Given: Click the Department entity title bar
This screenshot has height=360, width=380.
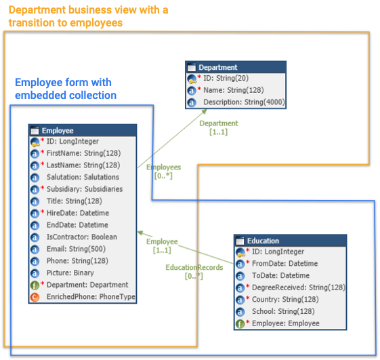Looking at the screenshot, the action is click(236, 67).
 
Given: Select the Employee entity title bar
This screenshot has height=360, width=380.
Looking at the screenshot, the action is click(83, 131).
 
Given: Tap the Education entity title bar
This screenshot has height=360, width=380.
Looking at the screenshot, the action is click(291, 241).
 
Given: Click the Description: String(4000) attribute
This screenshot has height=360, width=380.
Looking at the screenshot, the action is click(244, 102).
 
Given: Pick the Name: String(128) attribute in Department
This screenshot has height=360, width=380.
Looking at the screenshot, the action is click(234, 90).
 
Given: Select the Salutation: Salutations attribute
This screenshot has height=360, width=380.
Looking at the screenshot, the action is click(83, 177).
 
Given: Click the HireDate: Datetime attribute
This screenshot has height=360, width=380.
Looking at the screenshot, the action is click(78, 213).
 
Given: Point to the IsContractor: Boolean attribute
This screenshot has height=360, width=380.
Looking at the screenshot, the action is click(82, 237).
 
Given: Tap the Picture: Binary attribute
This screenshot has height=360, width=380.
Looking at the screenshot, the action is click(70, 273).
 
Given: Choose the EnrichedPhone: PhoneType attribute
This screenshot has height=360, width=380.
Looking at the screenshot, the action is click(91, 296).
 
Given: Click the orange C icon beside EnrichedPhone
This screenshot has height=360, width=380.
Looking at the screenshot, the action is click(35, 297).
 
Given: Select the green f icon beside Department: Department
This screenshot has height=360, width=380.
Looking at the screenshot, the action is click(35, 285).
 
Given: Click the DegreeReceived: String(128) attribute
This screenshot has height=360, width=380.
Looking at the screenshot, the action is click(299, 287).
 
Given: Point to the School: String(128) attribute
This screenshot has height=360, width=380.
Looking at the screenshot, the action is click(283, 311).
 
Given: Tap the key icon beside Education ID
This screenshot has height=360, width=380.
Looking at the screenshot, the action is click(240, 252).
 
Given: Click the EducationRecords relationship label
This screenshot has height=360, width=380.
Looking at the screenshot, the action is click(194, 267).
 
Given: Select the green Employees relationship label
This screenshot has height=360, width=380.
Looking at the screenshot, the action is click(164, 167).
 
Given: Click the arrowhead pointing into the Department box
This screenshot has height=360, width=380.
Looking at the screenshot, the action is click(205, 111).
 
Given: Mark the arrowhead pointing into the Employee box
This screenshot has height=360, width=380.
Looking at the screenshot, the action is click(140, 233).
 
